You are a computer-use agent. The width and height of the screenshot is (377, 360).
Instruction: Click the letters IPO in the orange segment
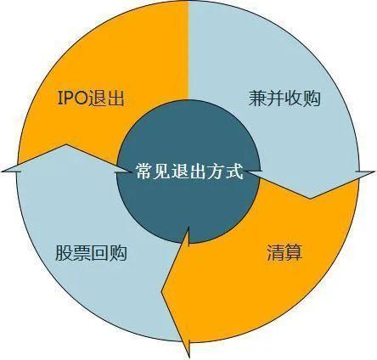[x=73, y=98]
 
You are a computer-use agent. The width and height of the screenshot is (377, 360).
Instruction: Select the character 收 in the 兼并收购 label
[x=294, y=98]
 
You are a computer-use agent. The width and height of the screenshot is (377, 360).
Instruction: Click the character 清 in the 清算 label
[x=276, y=252]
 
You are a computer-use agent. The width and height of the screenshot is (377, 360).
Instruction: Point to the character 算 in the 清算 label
[x=294, y=252]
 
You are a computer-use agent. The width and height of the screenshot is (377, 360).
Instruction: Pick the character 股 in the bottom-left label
[x=64, y=252]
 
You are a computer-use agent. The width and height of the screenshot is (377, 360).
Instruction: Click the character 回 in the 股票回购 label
[x=99, y=253]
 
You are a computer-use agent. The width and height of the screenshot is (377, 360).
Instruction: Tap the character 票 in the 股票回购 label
[x=82, y=252]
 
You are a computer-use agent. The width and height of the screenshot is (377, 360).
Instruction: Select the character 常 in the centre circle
[x=144, y=171]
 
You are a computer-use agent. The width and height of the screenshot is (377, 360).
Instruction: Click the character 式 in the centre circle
[x=234, y=171]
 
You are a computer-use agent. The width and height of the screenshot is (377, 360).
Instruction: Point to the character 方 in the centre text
[x=217, y=171]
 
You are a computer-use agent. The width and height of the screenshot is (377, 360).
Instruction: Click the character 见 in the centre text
[x=162, y=171]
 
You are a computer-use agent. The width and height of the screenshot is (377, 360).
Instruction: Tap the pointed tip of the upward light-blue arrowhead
[x=66, y=144]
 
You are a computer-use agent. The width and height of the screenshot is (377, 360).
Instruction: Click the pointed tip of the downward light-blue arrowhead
[x=311, y=199]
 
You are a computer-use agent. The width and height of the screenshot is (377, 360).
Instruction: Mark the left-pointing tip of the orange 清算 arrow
[x=161, y=291]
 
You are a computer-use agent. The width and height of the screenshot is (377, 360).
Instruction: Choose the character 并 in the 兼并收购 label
[x=276, y=98]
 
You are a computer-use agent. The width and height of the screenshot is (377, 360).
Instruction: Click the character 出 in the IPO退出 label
[x=115, y=98]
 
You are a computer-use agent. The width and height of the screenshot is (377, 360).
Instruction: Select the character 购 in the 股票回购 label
[x=118, y=252]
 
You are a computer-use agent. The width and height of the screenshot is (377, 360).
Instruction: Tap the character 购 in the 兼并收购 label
[x=312, y=98]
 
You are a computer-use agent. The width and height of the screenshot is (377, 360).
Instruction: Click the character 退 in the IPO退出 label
[x=98, y=98]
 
